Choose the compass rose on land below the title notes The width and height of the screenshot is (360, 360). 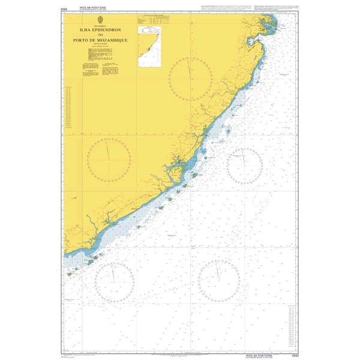(x=109, y=158)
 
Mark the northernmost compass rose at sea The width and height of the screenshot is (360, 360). (x=244, y=165)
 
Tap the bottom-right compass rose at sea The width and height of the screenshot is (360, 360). (x=219, y=280)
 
